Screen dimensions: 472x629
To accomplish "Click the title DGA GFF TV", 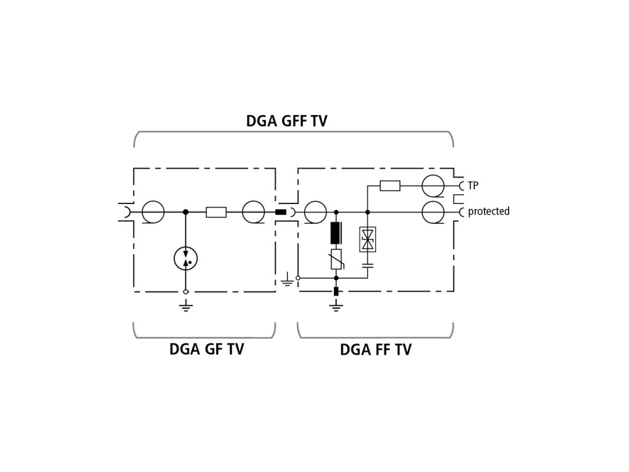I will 286,120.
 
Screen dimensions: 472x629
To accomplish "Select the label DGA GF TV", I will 206,350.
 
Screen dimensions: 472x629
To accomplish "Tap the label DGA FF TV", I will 376,350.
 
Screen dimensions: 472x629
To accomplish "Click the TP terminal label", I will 473,185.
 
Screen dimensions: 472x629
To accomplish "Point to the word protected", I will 488,211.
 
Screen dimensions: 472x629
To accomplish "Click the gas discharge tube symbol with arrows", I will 186,259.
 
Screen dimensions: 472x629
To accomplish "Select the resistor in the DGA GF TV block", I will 216,212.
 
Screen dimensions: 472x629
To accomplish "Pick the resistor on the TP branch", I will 390,185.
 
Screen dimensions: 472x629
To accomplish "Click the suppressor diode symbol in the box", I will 368,239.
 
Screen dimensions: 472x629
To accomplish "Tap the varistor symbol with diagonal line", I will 336,260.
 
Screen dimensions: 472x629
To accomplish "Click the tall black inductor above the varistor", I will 336,233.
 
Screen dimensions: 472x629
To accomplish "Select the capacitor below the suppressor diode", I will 368,265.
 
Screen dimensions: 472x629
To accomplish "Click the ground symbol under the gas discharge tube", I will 186,305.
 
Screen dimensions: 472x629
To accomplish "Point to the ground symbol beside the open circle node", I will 286,281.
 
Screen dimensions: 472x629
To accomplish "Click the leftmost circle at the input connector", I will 153,212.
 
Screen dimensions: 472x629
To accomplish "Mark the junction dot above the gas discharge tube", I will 186,212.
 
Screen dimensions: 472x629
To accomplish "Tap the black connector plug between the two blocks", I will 280,212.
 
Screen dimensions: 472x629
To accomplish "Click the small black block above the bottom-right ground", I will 336,291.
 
